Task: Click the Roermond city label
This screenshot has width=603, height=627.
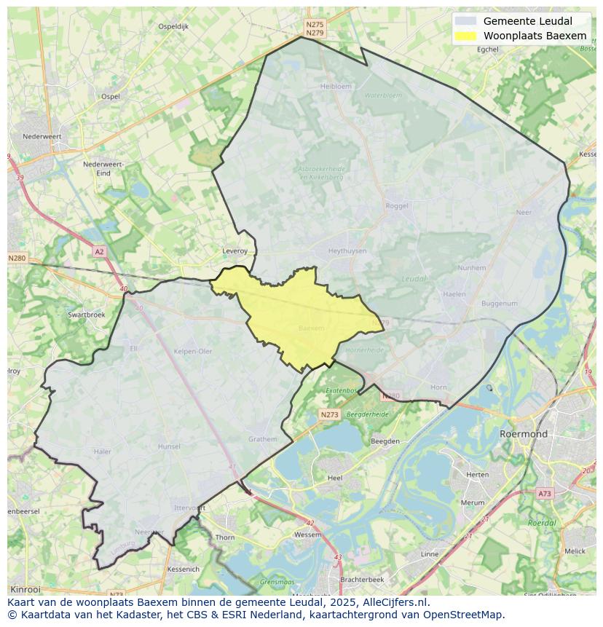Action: pyautogui.click(x=523, y=434)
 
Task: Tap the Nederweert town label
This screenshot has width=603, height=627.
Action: pyautogui.click(x=42, y=136)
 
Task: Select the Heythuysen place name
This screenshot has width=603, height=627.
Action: pyautogui.click(x=347, y=251)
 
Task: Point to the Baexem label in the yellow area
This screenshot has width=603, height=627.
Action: pyautogui.click(x=312, y=328)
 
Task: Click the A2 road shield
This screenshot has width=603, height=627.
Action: pyautogui.click(x=99, y=252)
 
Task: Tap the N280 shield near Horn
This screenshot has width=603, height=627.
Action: pyautogui.click(x=391, y=396)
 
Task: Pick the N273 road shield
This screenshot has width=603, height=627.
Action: pyautogui.click(x=329, y=414)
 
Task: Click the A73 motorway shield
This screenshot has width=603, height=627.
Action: pyautogui.click(x=545, y=494)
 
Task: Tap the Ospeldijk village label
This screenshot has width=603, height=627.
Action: pyautogui.click(x=173, y=26)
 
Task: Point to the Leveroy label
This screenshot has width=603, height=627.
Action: pyautogui.click(x=234, y=251)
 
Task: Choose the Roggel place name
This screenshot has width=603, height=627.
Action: pyautogui.click(x=397, y=206)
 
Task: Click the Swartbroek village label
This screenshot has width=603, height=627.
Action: pyautogui.click(x=86, y=315)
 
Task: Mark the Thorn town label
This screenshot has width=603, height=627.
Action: pyautogui.click(x=225, y=537)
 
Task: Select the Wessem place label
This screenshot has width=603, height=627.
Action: pyautogui.click(x=307, y=535)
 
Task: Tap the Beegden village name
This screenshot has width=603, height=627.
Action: pyautogui.click(x=385, y=441)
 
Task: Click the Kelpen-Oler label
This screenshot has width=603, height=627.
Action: pyautogui.click(x=193, y=351)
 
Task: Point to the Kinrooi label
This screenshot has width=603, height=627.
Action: pyautogui.click(x=26, y=589)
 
